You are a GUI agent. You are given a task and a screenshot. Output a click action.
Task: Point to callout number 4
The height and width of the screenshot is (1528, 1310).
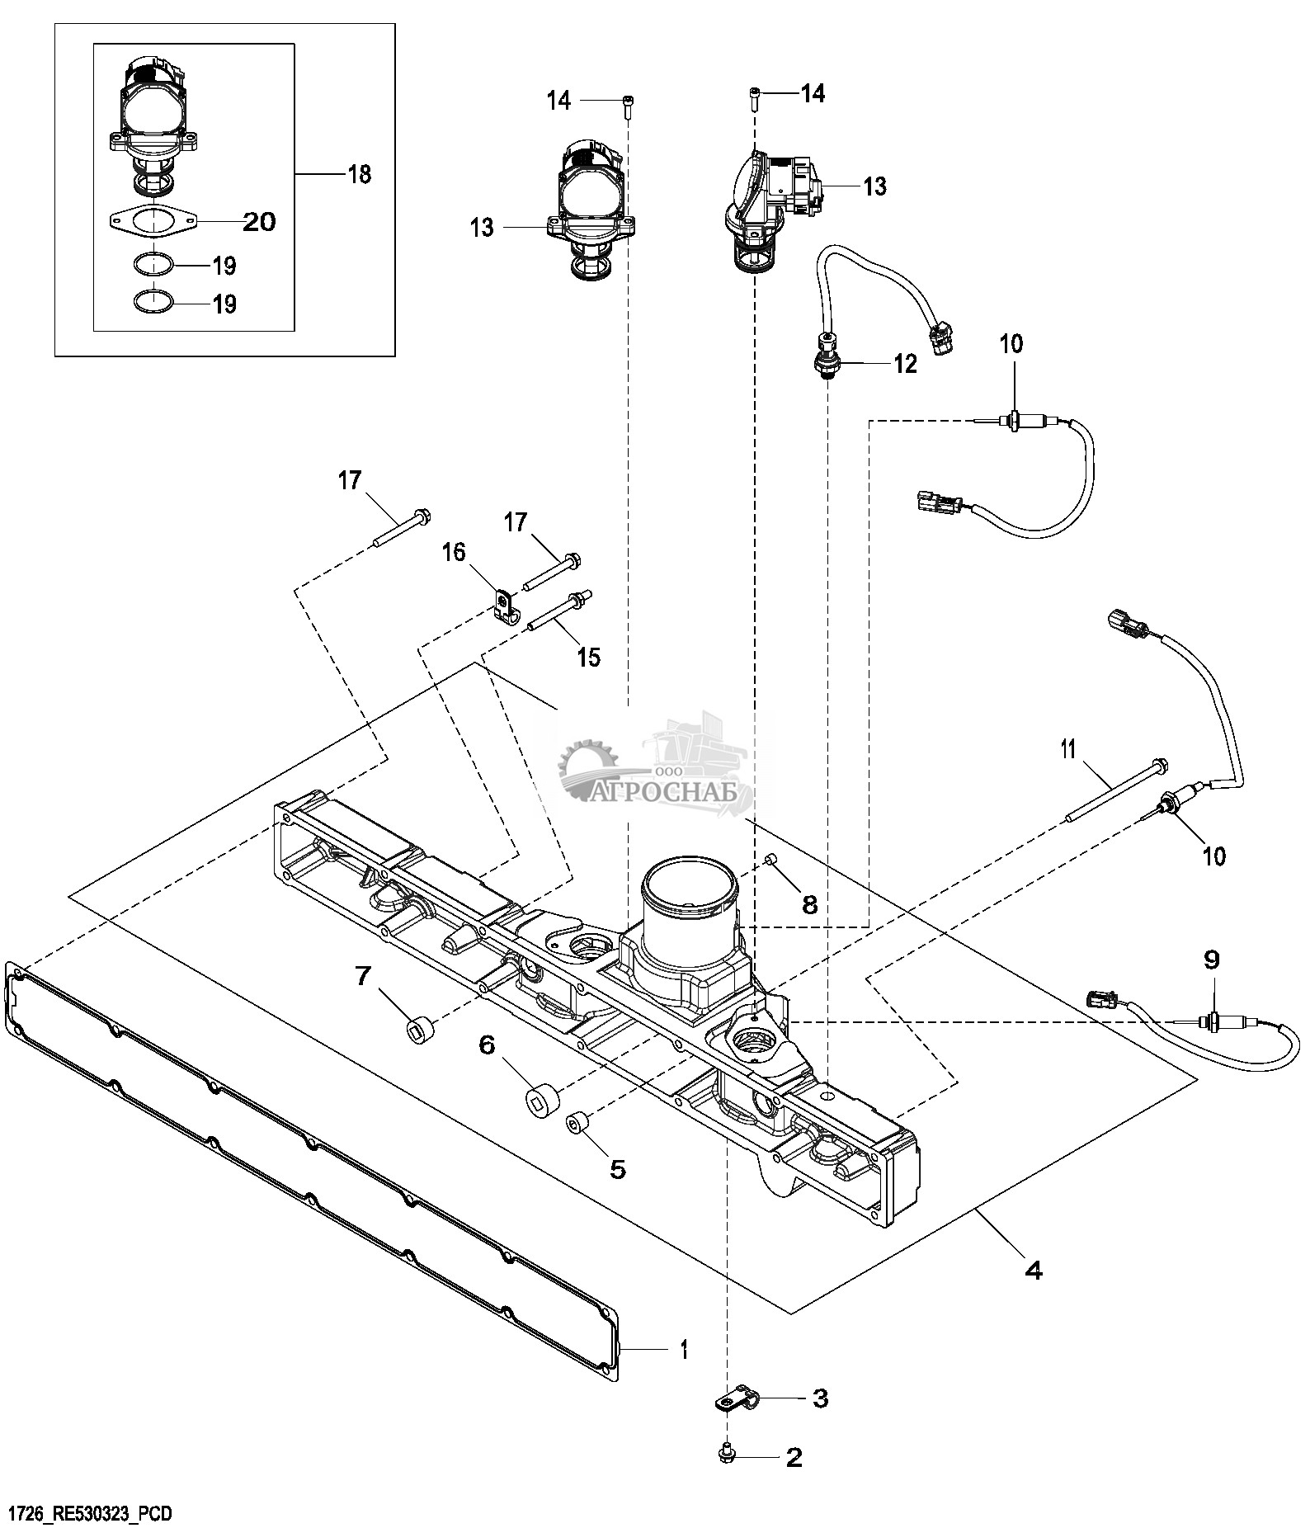1033,1271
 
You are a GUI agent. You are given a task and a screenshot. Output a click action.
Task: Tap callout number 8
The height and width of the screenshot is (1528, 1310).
810,905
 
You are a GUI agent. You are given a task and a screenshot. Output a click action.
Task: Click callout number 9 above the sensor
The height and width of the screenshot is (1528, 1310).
1212,960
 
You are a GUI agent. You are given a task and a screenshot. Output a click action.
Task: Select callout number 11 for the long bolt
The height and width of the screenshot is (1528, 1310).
1068,749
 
